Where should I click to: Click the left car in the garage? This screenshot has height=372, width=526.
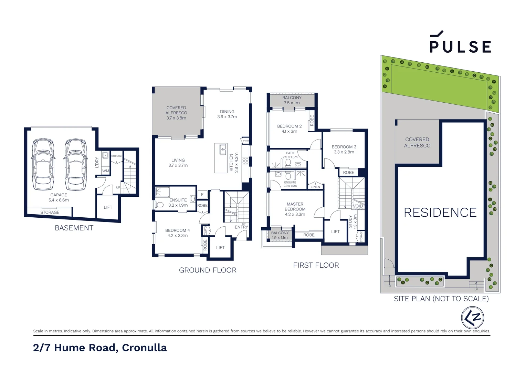pos(43,164)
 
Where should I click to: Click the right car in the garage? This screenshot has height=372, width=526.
pos(75,164)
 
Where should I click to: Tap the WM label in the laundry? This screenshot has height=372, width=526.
pos(105,171)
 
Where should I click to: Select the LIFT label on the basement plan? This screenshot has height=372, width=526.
pos(108,207)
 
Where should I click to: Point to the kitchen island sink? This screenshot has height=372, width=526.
pos(223,149)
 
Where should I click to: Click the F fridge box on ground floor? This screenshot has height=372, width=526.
pos(202,195)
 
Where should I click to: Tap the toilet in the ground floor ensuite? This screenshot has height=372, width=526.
pos(160,205)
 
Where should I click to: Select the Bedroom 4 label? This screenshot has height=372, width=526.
pos(177,233)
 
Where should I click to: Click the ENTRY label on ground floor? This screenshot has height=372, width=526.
pos(241,227)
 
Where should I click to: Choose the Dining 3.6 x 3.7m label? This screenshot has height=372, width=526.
pos(227,114)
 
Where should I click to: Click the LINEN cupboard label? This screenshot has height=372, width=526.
pos(315,187)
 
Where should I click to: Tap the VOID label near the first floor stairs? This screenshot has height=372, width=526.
pos(358,206)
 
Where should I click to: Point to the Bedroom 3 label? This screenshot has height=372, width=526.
pos(344,149)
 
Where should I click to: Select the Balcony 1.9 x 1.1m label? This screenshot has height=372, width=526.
pos(280,235)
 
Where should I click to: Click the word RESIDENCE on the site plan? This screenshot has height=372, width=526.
pos(440,213)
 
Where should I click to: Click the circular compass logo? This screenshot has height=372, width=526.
pos(473,318)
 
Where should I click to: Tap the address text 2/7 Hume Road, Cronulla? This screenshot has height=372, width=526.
pos(100,348)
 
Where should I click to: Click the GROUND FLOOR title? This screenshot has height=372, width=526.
pos(208,270)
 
